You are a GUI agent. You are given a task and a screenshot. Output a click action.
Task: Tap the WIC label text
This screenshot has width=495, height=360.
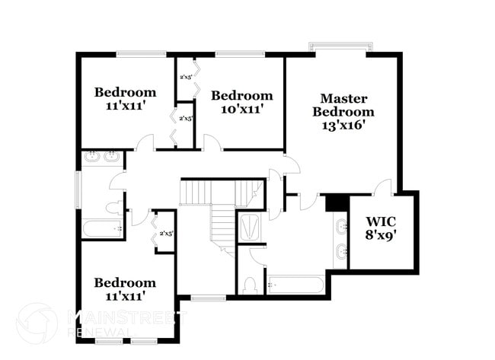click(x=382, y=221)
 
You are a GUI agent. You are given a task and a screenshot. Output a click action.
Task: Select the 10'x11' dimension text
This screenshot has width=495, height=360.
click(x=241, y=109)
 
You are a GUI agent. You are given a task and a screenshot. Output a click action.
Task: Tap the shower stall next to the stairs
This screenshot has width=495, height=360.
click(x=249, y=227)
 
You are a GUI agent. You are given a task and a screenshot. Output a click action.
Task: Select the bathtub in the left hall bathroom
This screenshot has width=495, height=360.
click(x=101, y=228)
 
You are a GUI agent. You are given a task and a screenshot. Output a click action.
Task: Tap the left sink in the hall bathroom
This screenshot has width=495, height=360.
click(x=92, y=158)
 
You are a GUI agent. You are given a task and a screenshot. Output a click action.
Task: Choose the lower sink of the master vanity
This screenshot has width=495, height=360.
click(x=340, y=250)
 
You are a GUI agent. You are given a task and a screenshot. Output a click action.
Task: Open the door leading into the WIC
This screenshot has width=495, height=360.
click(x=383, y=186)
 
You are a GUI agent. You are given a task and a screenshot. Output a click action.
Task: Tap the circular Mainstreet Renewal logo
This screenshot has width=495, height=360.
click(x=36, y=323)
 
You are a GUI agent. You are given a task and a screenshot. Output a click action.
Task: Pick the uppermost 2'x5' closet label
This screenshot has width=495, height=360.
click(x=186, y=77)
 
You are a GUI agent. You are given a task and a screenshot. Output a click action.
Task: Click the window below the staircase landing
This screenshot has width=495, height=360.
click(x=203, y=298)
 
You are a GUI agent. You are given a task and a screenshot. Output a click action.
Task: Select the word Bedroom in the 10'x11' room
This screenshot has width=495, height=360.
click(x=241, y=96)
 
